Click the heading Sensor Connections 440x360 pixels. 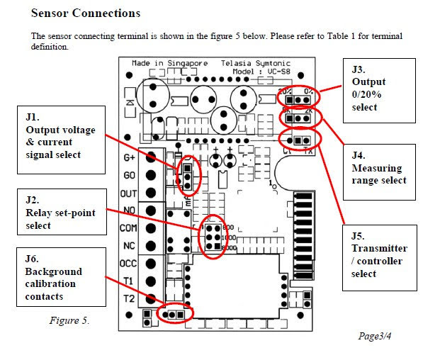coord(86,13)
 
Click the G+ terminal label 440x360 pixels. coord(129,157)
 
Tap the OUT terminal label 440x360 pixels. coord(128,193)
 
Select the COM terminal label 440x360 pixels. coord(128,228)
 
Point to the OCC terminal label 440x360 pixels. coord(128,263)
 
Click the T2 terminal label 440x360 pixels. coord(128,298)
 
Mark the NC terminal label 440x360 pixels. coord(128,245)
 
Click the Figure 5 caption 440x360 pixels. coord(69,320)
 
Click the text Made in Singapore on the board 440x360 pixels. coord(167,64)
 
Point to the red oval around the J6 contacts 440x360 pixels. coord(174,313)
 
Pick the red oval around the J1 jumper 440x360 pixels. coord(188,176)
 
